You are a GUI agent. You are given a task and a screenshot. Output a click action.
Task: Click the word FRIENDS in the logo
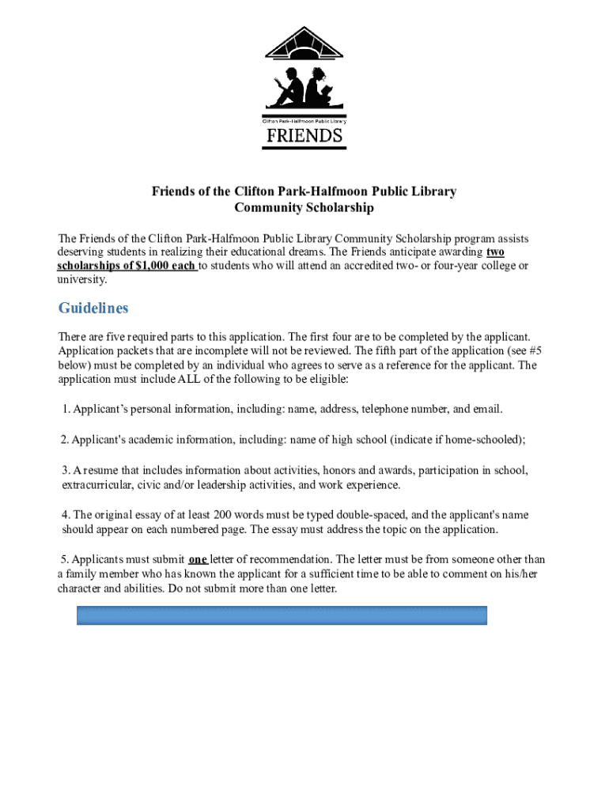point(304,136)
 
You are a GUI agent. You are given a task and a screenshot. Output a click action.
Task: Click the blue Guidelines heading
point(93,308)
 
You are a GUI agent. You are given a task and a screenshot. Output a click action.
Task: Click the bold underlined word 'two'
point(495,252)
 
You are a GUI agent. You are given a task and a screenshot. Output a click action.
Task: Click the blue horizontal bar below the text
point(282,616)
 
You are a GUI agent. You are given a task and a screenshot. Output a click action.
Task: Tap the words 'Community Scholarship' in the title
point(304,208)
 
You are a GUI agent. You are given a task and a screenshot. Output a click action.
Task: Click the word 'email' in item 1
point(486,409)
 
